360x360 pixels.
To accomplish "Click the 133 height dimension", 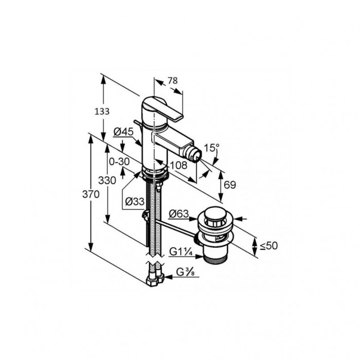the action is point(102,112).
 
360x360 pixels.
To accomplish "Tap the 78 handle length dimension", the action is point(173,81).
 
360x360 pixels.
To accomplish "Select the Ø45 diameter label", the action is point(123,132).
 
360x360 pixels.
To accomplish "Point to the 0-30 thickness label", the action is point(119,161).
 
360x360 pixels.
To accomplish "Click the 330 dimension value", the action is point(107,181).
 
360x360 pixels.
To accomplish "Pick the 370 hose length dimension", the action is point(91,194).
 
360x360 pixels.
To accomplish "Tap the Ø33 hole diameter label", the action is point(135,202).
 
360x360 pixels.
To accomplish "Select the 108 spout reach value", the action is point(178,165).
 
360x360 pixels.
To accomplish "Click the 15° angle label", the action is point(212,148).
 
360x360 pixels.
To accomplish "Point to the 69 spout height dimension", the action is point(230,185).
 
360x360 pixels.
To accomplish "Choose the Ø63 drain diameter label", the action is point(178,214).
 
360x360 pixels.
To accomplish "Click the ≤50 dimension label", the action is point(268,246).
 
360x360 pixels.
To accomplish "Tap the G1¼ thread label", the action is point(181,252).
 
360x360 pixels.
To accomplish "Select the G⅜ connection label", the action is point(186,272).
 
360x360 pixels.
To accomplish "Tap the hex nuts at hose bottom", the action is point(155,281).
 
